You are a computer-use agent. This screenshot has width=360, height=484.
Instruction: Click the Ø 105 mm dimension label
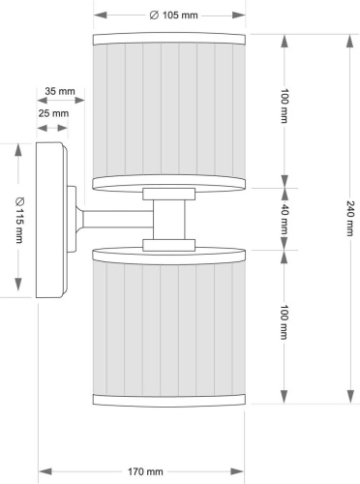(x=170, y=15)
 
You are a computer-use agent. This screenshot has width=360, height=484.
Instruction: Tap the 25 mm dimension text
(x=54, y=113)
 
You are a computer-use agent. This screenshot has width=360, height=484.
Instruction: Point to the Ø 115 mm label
(x=19, y=220)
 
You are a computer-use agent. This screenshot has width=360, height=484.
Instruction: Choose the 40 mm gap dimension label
(x=284, y=220)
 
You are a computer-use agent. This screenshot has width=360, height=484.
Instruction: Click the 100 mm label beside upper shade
(x=284, y=110)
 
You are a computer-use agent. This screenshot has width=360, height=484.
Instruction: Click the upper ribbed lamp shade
(x=170, y=111)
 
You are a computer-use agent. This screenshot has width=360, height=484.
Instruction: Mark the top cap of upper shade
(x=170, y=40)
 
